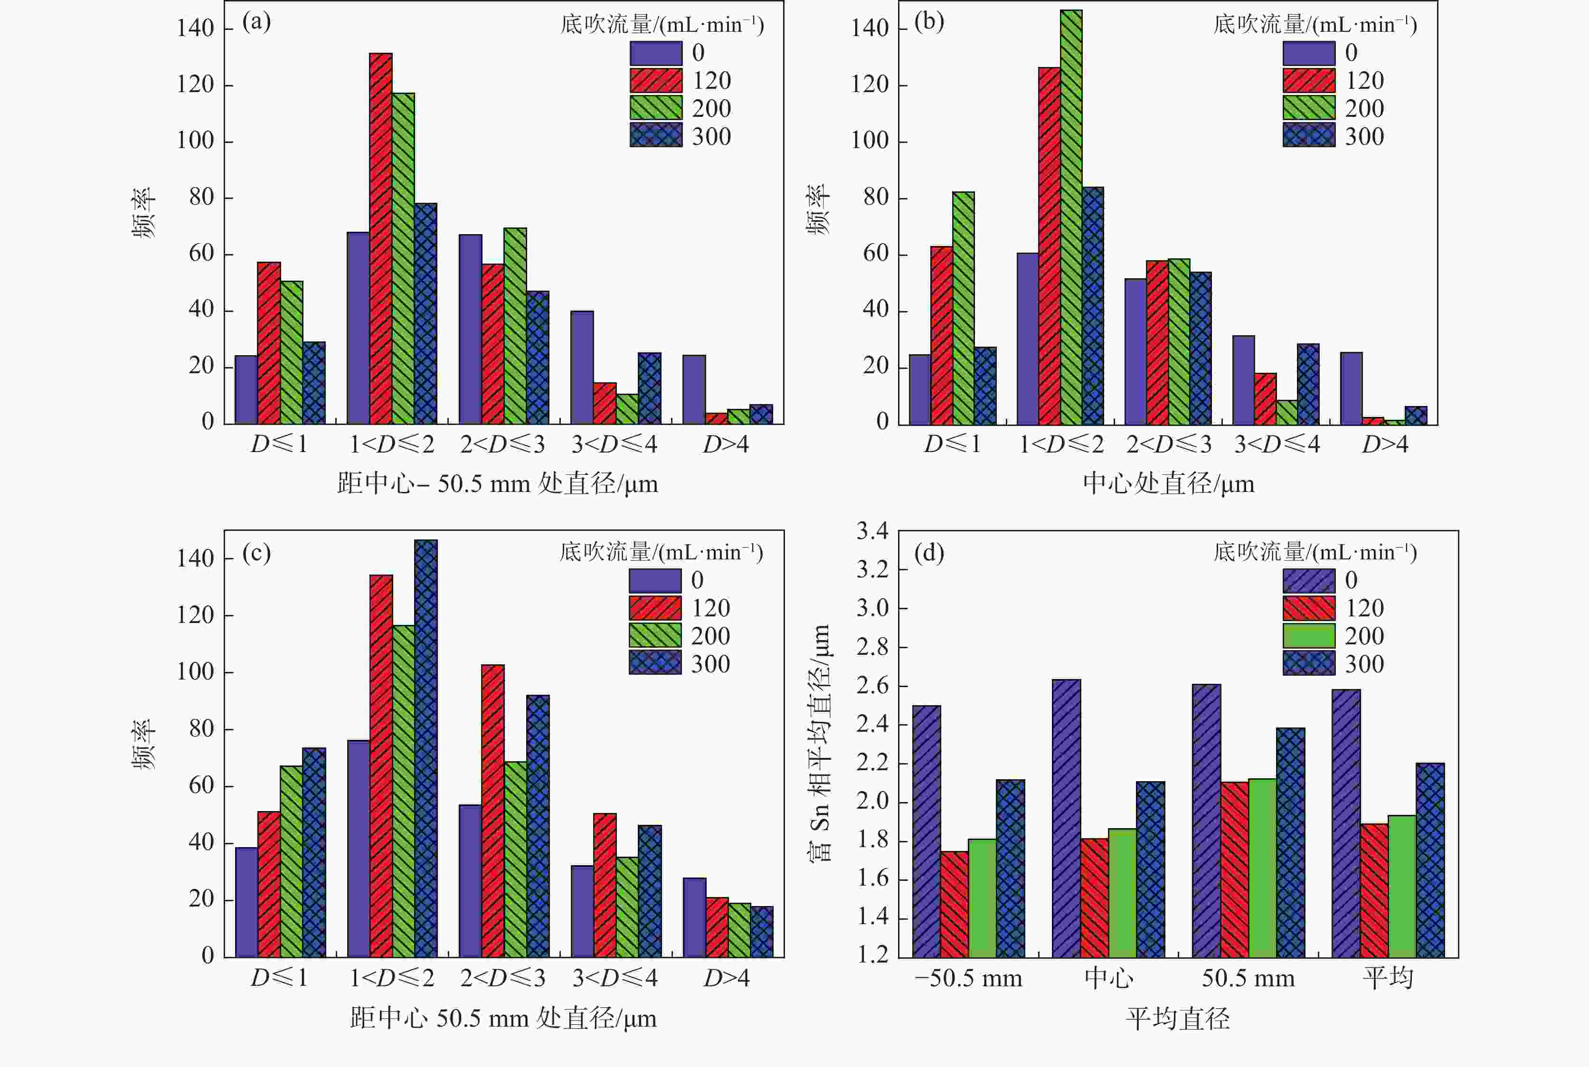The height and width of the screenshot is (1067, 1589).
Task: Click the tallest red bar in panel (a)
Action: (x=380, y=238)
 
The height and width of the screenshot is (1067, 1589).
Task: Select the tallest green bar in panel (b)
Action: (x=1070, y=218)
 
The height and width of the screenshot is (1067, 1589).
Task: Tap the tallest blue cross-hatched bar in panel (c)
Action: (x=426, y=748)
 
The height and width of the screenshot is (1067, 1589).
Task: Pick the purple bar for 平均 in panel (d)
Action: (x=1346, y=823)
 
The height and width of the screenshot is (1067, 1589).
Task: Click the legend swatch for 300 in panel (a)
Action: (x=655, y=135)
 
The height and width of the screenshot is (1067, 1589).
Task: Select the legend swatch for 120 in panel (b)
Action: (x=1309, y=80)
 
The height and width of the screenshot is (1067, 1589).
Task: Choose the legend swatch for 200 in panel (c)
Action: (x=655, y=635)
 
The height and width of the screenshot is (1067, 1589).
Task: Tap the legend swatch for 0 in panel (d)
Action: (x=1309, y=580)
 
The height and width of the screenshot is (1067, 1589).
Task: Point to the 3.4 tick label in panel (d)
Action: (x=872, y=531)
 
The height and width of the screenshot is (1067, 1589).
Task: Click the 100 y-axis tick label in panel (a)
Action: (x=195, y=141)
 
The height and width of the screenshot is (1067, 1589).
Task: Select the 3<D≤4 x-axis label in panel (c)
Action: (x=615, y=978)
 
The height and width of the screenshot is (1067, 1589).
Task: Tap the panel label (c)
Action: (x=256, y=553)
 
